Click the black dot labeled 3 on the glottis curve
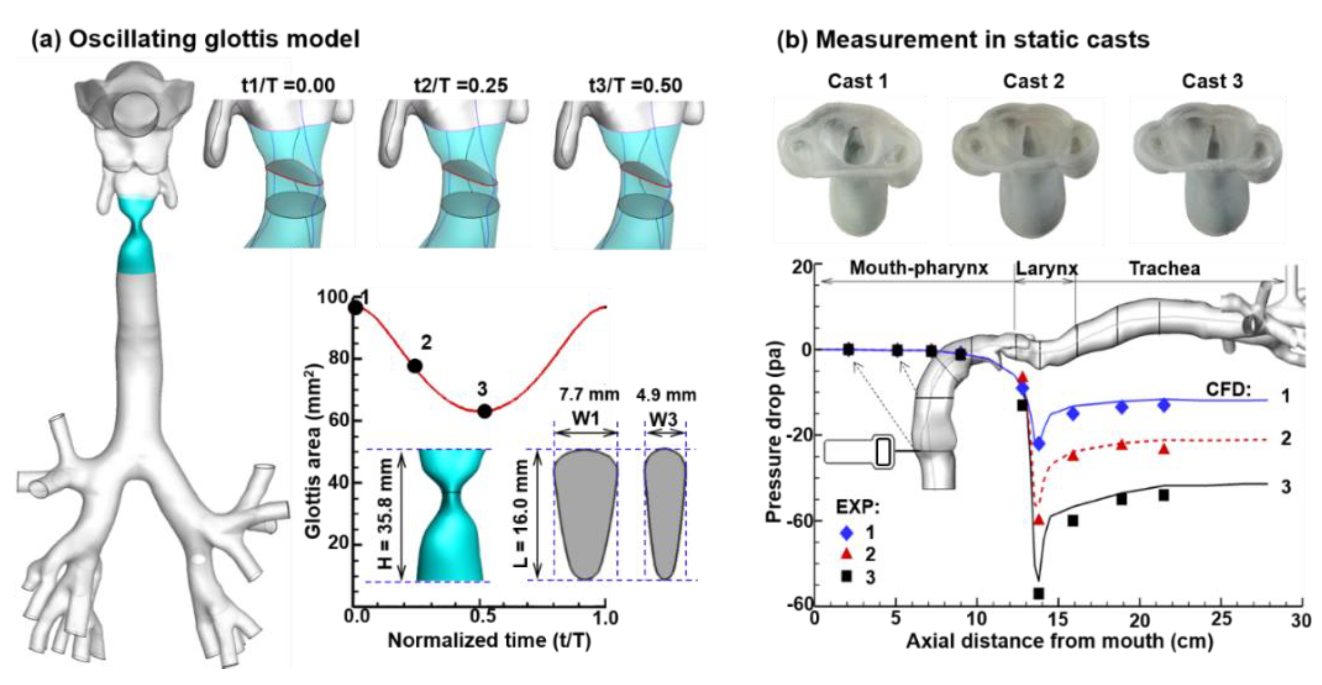(485, 411)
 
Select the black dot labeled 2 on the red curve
(415, 366)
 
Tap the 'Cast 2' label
(1034, 81)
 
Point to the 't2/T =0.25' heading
(461, 85)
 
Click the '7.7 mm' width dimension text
(588, 394)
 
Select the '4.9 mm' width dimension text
(666, 395)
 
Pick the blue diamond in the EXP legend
(847, 533)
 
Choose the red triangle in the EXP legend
(847, 554)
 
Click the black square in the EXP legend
(847, 576)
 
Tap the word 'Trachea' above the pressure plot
(1164, 269)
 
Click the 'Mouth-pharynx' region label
(919, 268)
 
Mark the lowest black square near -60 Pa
(1039, 593)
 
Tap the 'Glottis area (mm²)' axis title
(313, 451)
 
